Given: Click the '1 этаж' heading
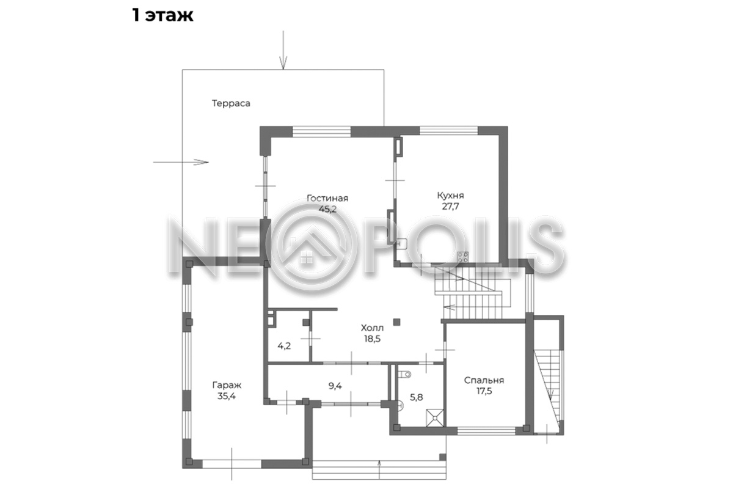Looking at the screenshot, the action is (x=162, y=15).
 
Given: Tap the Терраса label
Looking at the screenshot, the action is (x=231, y=103).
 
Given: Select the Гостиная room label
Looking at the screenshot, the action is (x=327, y=198).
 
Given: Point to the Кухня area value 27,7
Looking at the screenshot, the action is (x=451, y=207).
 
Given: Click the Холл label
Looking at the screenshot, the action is (x=372, y=328).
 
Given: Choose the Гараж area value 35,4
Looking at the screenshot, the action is (x=227, y=396).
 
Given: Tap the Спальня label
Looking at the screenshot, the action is (x=484, y=380).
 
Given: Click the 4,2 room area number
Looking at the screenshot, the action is (x=284, y=346).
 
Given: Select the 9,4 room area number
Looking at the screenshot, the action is (x=335, y=386).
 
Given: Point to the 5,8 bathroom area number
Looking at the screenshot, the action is (x=416, y=397).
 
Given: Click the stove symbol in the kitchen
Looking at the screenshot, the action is (x=463, y=257).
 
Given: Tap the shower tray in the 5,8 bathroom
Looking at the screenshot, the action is (x=435, y=418).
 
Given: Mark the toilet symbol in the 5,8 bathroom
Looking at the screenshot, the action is (x=405, y=374).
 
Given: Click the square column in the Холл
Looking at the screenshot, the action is (x=396, y=322).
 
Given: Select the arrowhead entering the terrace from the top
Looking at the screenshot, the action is (x=283, y=63).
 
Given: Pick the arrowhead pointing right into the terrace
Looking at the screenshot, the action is (x=201, y=162).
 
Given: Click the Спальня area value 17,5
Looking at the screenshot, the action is (x=484, y=391).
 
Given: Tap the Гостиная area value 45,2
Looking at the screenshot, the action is (x=327, y=209).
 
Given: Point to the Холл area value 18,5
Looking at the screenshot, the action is (x=373, y=339).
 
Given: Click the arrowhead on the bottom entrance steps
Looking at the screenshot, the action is (x=379, y=463).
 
